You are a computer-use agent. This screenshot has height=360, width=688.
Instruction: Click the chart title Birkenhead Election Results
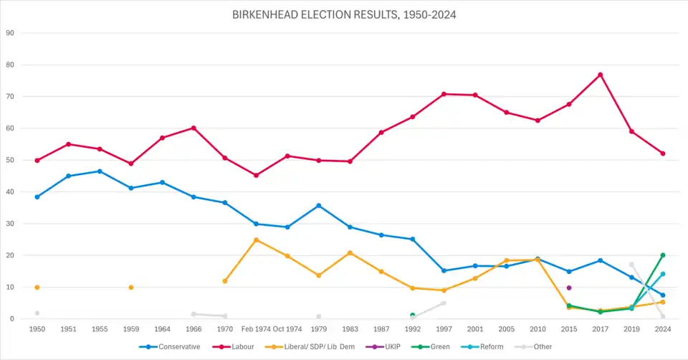[344, 14]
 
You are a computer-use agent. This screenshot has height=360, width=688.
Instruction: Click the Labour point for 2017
[600, 75]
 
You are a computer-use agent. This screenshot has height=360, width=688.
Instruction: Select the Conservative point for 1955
[100, 171]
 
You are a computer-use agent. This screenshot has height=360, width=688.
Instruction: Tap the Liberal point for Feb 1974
[256, 240]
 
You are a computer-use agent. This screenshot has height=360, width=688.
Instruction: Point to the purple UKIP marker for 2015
[569, 288]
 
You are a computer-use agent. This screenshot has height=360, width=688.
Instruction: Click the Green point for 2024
[663, 255]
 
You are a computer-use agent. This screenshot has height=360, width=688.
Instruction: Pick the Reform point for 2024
[663, 274]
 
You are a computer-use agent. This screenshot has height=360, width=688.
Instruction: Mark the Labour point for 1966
[193, 128]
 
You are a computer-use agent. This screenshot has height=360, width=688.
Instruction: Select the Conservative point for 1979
[319, 206]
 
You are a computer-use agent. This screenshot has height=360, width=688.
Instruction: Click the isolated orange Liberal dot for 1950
[37, 288]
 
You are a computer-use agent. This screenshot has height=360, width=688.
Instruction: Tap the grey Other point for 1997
[444, 303]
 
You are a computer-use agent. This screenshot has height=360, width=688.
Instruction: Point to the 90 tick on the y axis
[10, 33]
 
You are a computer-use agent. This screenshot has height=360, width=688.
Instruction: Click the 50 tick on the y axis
[10, 160]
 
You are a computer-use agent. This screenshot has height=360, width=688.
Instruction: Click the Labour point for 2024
[663, 153]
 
